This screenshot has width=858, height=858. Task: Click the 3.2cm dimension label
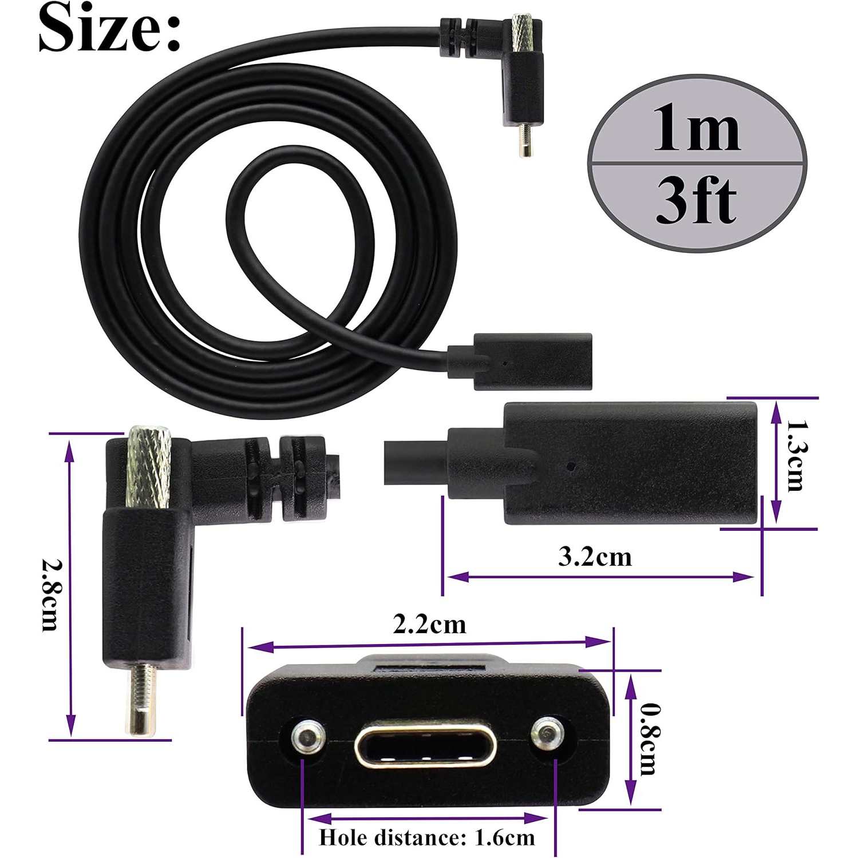[x=595, y=557]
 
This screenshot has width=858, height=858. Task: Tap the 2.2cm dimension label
[x=429, y=624]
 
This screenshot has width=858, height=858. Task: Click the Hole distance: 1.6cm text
[x=427, y=837]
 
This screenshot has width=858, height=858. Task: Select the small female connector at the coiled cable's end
[x=532, y=362]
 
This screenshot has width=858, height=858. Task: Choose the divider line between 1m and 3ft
[x=697, y=164]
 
